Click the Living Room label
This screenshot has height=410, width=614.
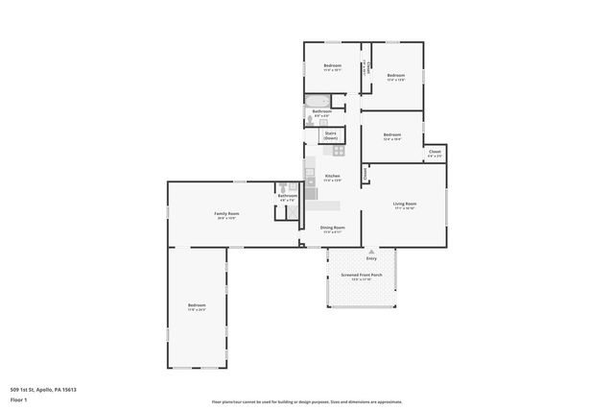[404, 204]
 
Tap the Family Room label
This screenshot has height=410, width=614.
[226, 213]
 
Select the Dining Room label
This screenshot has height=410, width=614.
[332, 227]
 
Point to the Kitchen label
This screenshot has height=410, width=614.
[332, 176]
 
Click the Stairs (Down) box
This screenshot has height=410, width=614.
[330, 135]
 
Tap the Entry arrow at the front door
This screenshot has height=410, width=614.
[371, 251]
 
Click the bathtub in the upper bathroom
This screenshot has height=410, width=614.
[317, 101]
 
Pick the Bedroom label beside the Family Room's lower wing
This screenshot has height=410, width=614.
[197, 305]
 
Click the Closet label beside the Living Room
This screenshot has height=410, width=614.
[366, 174]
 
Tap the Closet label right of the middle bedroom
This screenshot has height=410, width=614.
[435, 152]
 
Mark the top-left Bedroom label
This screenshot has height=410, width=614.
[332, 65]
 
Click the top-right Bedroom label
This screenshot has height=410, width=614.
[396, 75]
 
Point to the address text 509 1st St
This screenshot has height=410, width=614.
[43, 389]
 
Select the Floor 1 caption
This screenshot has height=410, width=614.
[18, 398]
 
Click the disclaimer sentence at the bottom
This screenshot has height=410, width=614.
[307, 401]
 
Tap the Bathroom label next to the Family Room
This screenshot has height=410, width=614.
[288, 196]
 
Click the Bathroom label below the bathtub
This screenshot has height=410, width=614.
[322, 111]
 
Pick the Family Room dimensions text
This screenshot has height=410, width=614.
[226, 218]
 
